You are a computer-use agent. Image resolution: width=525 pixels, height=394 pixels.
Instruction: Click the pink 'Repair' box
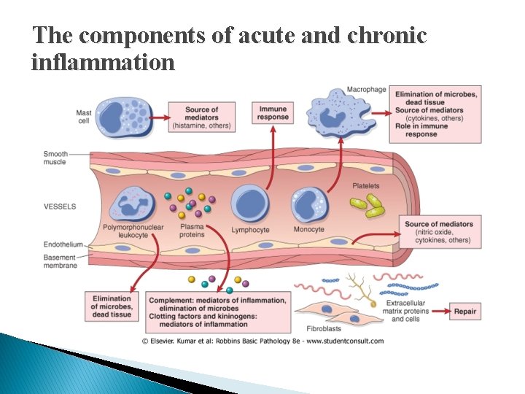[x=465, y=312]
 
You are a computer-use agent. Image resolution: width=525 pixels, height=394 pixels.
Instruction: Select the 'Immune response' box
[x=273, y=112]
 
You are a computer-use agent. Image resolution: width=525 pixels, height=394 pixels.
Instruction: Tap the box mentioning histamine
[x=201, y=117]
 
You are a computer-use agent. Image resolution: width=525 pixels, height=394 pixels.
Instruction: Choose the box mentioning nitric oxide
[x=439, y=232]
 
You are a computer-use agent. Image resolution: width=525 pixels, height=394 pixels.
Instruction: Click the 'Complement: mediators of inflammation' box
[x=217, y=312]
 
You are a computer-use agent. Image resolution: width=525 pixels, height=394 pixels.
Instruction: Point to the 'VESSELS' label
[x=60, y=206]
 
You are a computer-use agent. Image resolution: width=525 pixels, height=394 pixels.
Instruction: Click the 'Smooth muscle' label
[x=55, y=158]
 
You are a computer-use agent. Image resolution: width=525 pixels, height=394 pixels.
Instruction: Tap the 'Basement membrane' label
[x=60, y=260]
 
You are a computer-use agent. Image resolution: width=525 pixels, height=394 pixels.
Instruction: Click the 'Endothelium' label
[x=63, y=245]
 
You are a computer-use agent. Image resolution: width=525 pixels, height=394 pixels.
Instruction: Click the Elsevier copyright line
[x=262, y=341]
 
